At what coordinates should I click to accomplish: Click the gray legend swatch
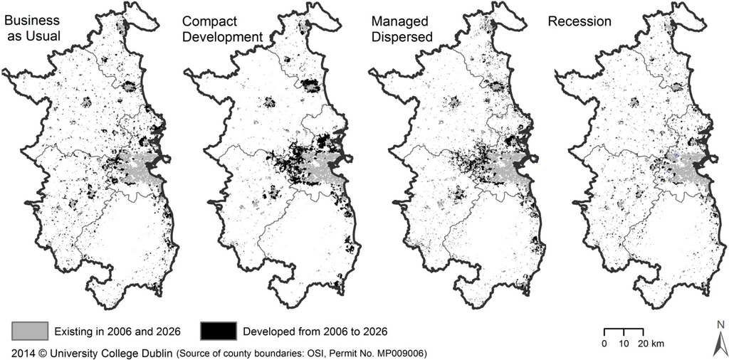click(x=30, y=331)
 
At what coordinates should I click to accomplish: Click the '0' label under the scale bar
click(x=604, y=344)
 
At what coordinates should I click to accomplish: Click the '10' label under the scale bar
click(x=624, y=344)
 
